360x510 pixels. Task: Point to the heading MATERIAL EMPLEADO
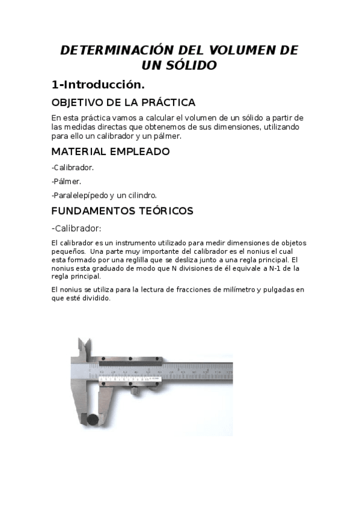click(x=111, y=152)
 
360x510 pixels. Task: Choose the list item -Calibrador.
click(x=73, y=168)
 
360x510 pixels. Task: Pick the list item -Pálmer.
click(x=66, y=181)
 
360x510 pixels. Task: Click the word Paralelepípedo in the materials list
click(x=81, y=195)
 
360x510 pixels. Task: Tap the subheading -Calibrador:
click(x=76, y=228)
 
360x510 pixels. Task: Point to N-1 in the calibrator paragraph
click(x=276, y=268)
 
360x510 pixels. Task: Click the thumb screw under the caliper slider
click(x=138, y=391)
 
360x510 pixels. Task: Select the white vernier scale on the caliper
click(x=126, y=379)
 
